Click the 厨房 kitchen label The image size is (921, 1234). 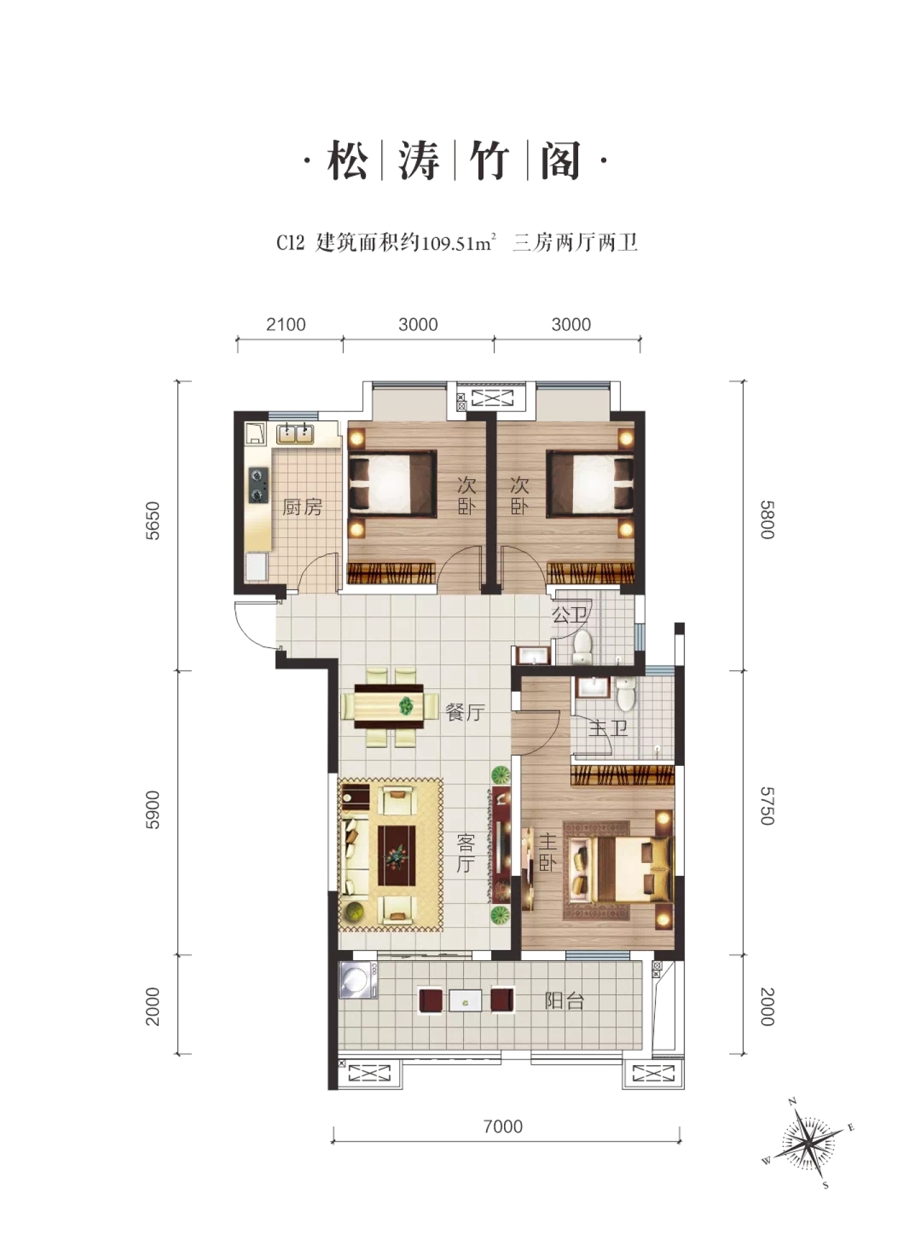pyautogui.click(x=303, y=508)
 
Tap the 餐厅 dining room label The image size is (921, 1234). pyautogui.click(x=465, y=712)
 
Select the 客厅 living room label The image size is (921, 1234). pyautogui.click(x=465, y=853)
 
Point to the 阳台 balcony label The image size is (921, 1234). pyautogui.click(x=564, y=1001)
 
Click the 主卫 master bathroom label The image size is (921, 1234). pyautogui.click(x=608, y=727)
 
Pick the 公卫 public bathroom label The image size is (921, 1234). pyautogui.click(x=569, y=615)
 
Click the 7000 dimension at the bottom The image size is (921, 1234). pyautogui.click(x=503, y=1127)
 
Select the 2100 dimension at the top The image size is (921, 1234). pyautogui.click(x=286, y=324)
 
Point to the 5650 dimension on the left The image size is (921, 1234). pyautogui.click(x=153, y=521)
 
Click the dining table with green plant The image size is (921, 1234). pyautogui.click(x=389, y=706)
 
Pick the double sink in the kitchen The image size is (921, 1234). pyautogui.click(x=295, y=434)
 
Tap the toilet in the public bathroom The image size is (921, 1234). pyautogui.click(x=583, y=646)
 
